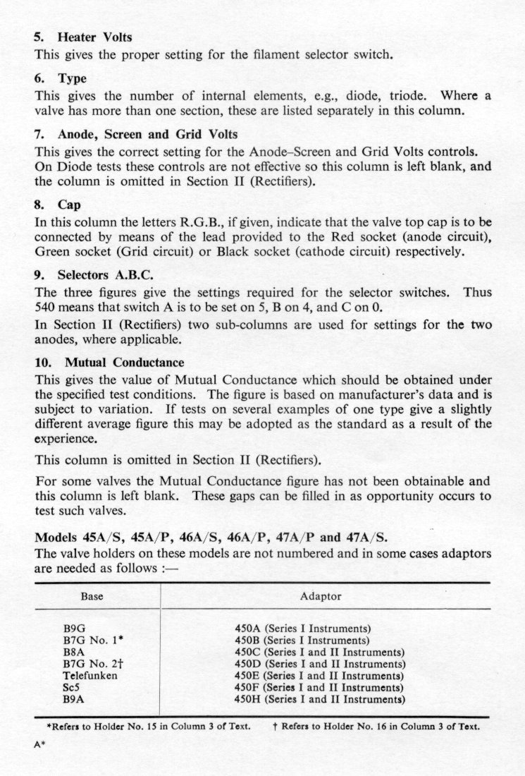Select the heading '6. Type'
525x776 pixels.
point(61,78)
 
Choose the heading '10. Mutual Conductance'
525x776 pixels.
point(109,363)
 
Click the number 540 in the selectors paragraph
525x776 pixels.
point(46,307)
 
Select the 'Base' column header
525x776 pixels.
point(92,597)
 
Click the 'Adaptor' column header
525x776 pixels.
point(321,597)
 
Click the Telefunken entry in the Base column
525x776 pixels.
point(90,676)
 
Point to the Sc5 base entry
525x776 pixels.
point(72,688)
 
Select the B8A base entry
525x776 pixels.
point(74,652)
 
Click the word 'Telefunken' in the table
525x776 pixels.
point(90,676)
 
